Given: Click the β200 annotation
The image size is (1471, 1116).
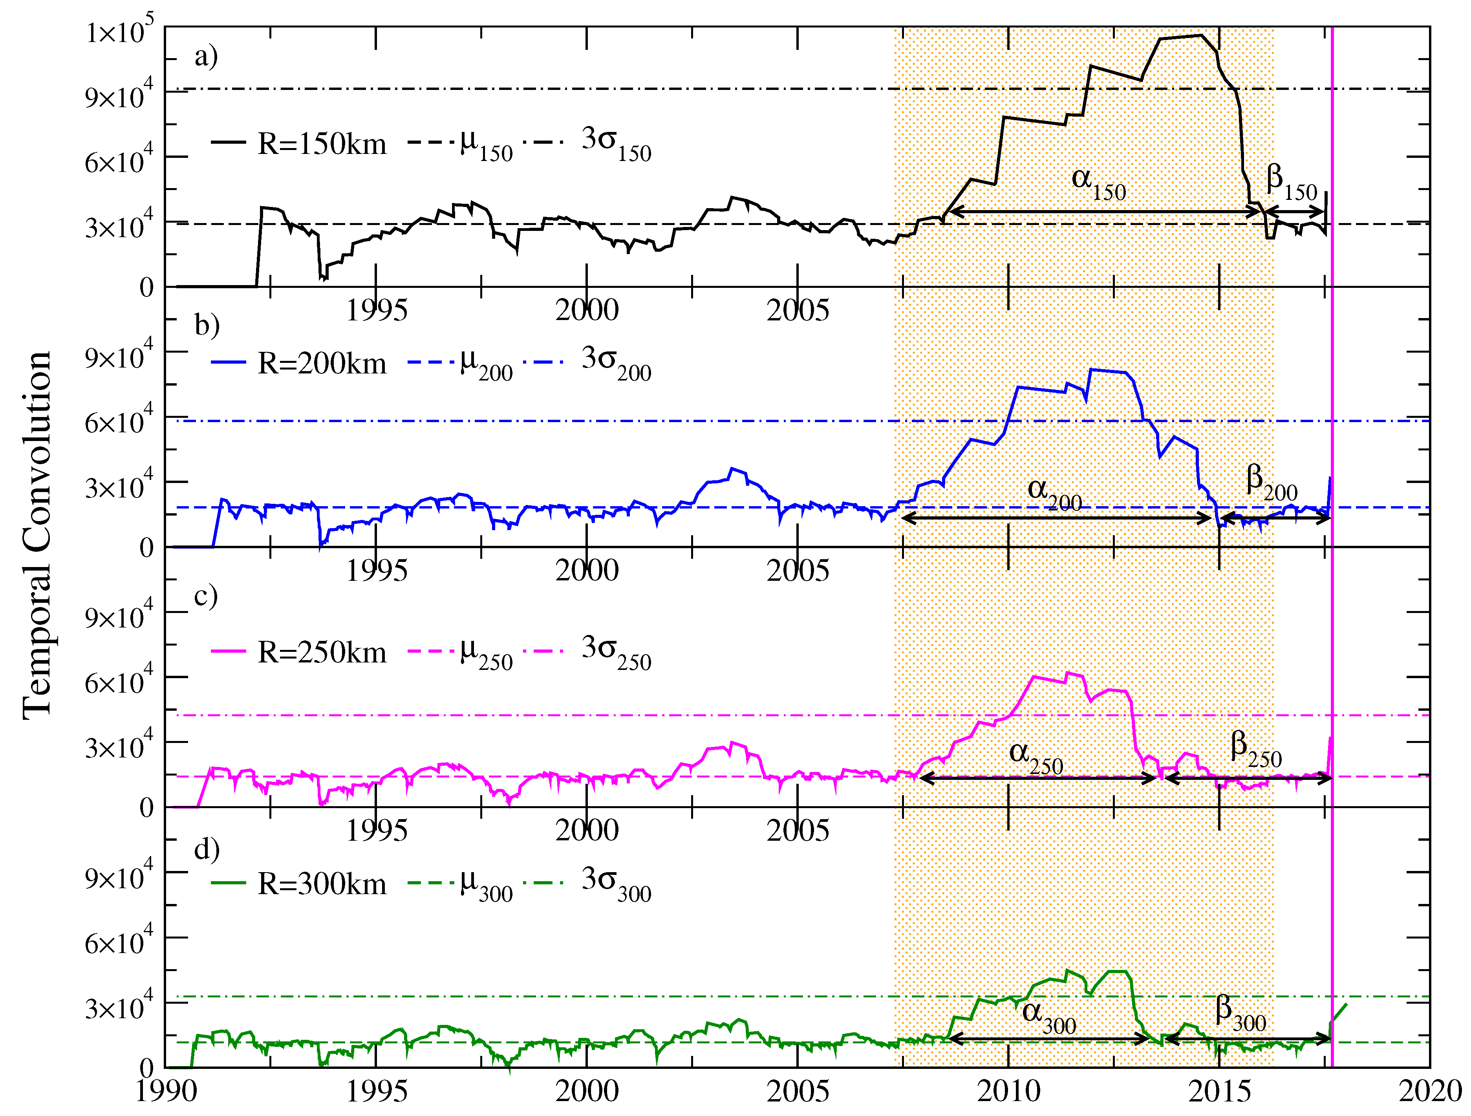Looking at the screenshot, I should (x=1271, y=482).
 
